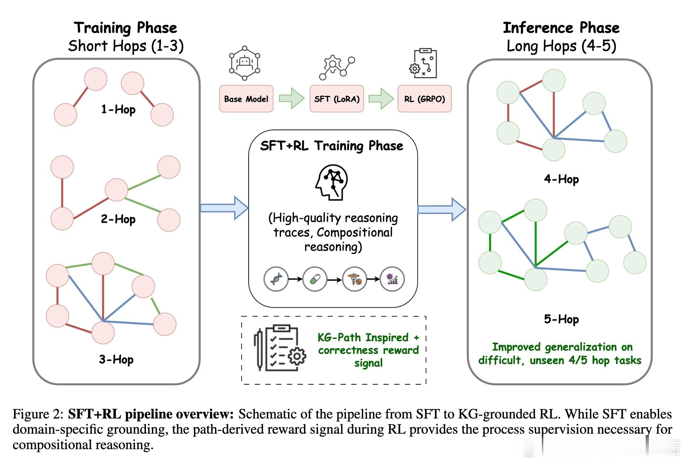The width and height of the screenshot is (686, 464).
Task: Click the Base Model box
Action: click(246, 99)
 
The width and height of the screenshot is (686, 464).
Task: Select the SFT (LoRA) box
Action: click(337, 99)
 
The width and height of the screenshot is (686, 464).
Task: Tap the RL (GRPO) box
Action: click(424, 99)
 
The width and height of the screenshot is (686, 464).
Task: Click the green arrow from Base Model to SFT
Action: click(291, 98)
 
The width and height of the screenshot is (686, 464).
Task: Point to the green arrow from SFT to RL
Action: click(381, 98)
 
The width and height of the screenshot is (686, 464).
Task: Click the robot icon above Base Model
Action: click(244, 63)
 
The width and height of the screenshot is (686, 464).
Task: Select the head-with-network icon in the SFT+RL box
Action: click(332, 182)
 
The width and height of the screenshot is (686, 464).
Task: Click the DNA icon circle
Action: click(276, 279)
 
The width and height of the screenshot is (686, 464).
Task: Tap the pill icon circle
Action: click(315, 279)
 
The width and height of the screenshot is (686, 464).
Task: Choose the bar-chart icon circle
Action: click(392, 279)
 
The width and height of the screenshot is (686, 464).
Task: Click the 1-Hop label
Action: click(118, 109)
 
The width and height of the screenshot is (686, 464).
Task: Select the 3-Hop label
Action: click(116, 359)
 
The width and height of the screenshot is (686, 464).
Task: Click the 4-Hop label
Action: click(561, 179)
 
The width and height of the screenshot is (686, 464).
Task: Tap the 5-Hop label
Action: click(561, 319)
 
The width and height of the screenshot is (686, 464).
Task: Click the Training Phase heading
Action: click(126, 28)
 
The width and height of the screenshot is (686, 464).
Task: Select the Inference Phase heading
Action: click(561, 28)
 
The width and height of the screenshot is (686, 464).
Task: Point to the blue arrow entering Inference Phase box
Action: click(442, 210)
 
